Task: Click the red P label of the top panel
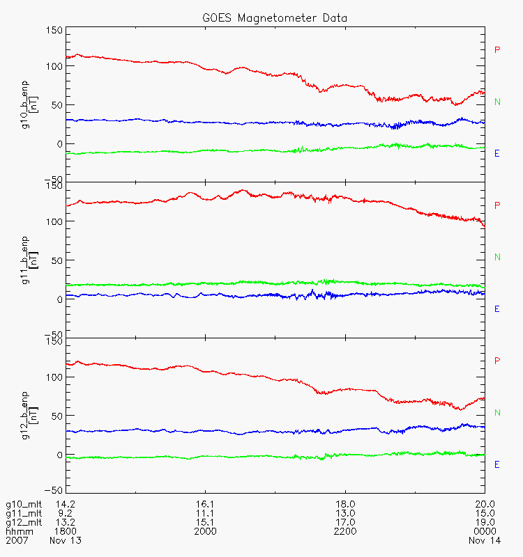click(x=497, y=49)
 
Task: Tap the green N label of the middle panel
click(x=497, y=257)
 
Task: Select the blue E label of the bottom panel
click(x=497, y=464)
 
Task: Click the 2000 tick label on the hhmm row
click(x=206, y=531)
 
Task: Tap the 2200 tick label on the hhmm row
click(x=345, y=531)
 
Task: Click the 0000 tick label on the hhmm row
click(x=484, y=531)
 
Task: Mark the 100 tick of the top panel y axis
click(x=54, y=66)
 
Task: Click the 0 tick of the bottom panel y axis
click(x=59, y=455)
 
